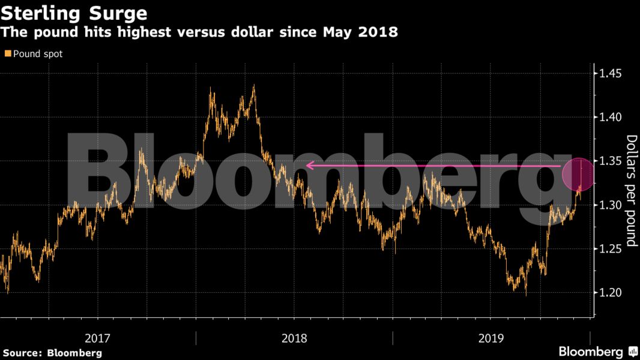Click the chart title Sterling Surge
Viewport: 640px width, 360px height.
click(74, 12)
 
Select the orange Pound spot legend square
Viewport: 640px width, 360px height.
click(7, 53)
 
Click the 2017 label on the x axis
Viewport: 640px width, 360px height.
click(98, 338)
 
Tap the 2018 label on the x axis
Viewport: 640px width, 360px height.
click(294, 338)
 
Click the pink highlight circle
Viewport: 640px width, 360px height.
click(578, 174)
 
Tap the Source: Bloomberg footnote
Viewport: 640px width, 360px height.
click(52, 353)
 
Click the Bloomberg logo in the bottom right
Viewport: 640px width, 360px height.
click(591, 352)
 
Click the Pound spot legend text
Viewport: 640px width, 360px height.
click(38, 53)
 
